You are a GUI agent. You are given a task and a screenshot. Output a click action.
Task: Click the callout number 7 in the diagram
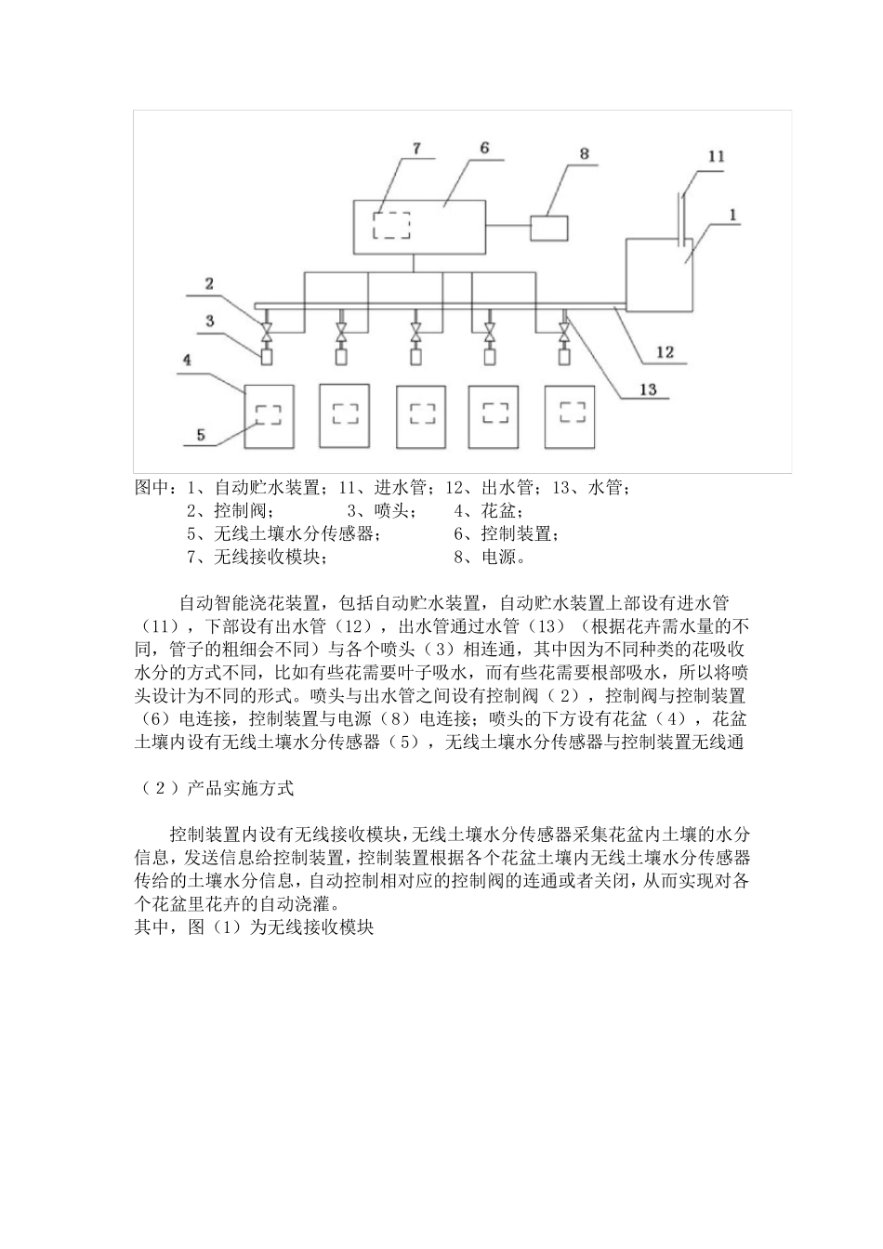pyautogui.click(x=415, y=149)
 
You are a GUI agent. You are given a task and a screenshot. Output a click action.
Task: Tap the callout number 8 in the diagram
pyautogui.click(x=585, y=153)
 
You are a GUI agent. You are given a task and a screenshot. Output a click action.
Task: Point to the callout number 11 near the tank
pyautogui.click(x=716, y=156)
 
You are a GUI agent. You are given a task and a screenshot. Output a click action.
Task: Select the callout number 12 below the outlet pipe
pyautogui.click(x=665, y=352)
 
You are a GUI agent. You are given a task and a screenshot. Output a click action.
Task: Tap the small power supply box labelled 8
pyautogui.click(x=550, y=228)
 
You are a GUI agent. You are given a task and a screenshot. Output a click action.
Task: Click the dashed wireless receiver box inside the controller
pyautogui.click(x=391, y=226)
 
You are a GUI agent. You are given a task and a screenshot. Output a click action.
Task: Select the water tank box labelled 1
pyautogui.click(x=661, y=274)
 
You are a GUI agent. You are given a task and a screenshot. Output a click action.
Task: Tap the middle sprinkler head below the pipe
pyautogui.click(x=415, y=354)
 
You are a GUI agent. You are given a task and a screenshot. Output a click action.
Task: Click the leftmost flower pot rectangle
pyautogui.click(x=269, y=416)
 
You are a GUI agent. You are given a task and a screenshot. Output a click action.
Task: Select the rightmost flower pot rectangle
pyautogui.click(x=569, y=416)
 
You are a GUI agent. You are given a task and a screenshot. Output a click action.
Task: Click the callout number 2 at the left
pyautogui.click(x=210, y=284)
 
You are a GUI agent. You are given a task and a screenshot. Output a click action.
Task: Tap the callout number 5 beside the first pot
pyautogui.click(x=201, y=433)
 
